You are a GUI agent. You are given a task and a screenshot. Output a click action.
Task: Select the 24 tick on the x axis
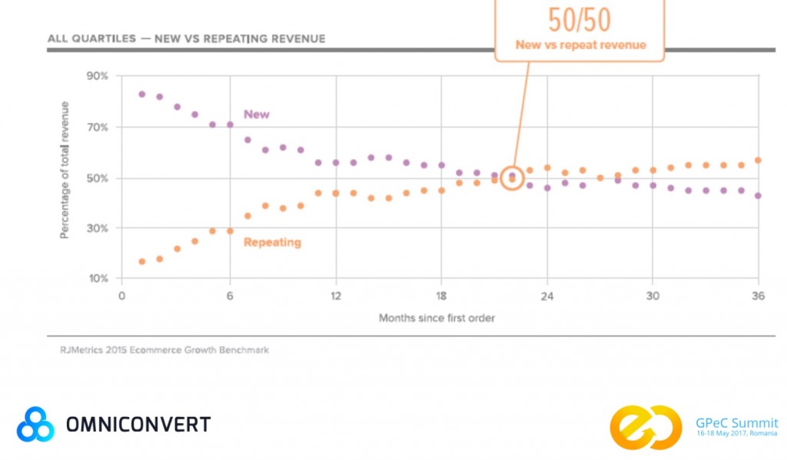[x=546, y=296]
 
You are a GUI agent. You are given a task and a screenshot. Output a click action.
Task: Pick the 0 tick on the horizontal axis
[x=121, y=296]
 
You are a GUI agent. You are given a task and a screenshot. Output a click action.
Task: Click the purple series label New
[x=257, y=114]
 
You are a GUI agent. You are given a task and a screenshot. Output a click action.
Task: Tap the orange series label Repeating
[x=272, y=243]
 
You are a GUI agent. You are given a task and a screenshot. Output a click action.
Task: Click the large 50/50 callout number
[x=579, y=19]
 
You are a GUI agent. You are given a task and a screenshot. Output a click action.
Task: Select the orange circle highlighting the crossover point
[x=513, y=178]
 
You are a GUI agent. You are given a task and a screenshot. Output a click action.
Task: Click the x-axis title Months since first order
[x=437, y=317]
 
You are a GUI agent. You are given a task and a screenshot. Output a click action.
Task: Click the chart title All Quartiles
[x=186, y=38]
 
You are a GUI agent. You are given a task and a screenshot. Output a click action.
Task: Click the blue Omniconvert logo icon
[x=35, y=425]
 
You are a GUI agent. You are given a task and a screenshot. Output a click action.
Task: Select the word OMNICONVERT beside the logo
[x=138, y=424]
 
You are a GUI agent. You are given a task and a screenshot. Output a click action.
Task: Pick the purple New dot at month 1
[x=142, y=94]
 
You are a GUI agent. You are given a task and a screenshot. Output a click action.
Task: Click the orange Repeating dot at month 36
[x=759, y=161]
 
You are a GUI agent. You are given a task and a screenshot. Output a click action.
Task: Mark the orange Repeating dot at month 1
[x=142, y=261]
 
